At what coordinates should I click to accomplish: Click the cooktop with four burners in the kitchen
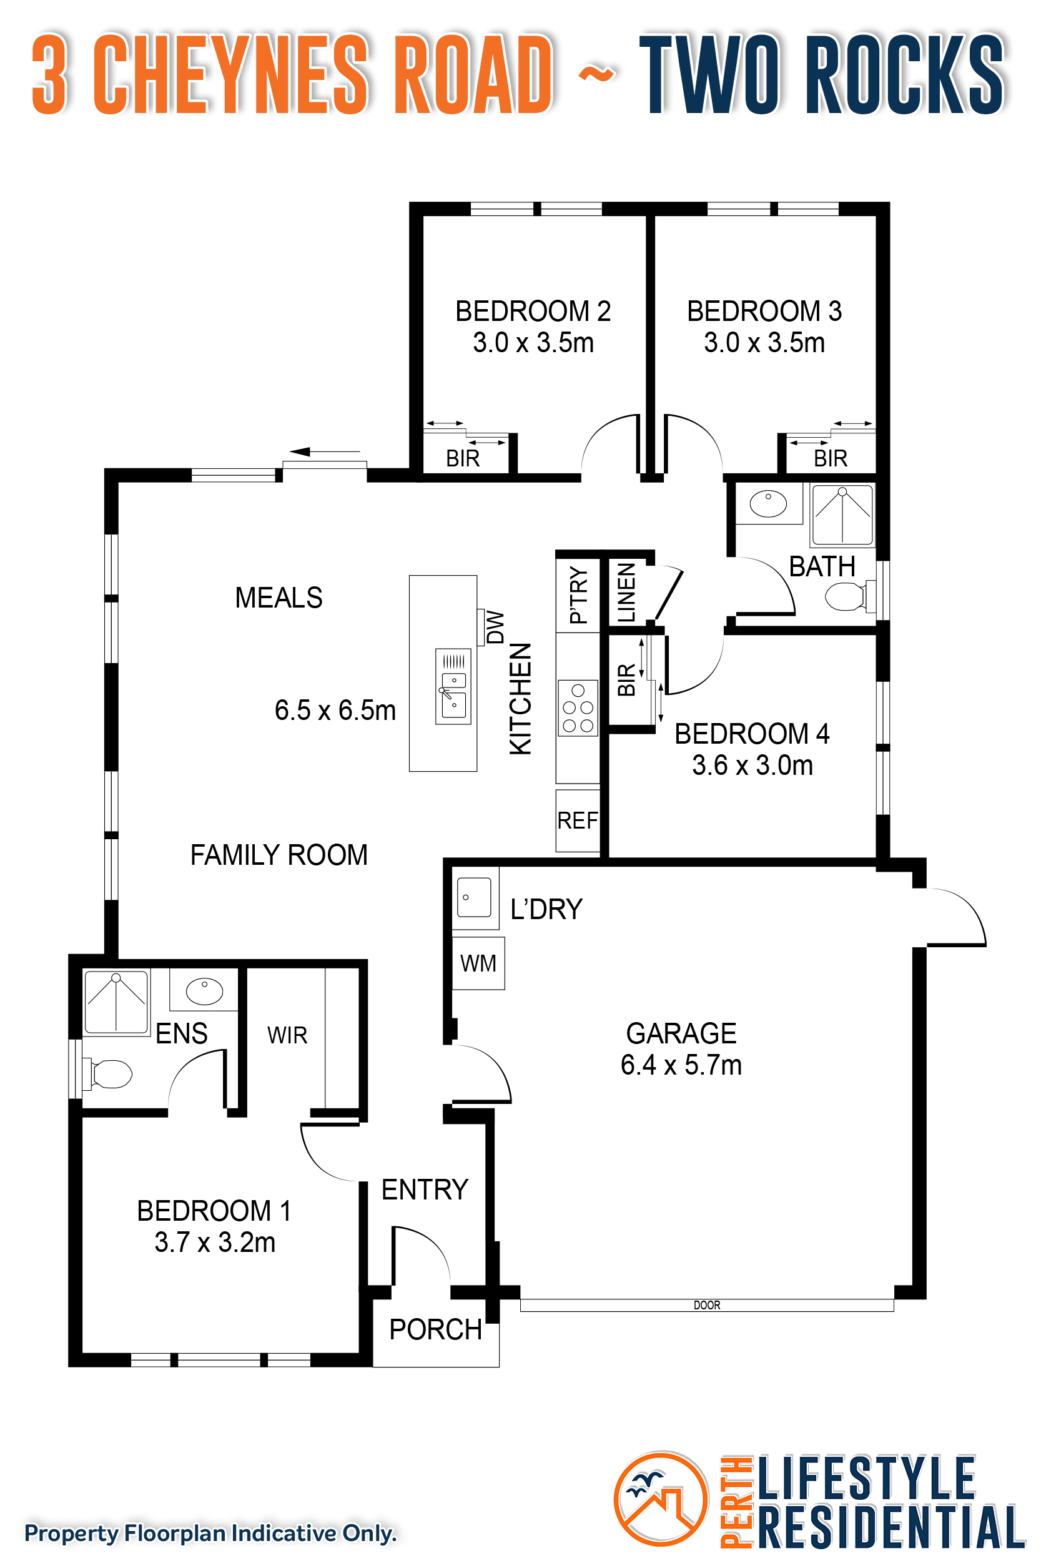point(578,707)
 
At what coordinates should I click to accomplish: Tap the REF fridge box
point(578,820)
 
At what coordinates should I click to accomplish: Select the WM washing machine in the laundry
point(478,963)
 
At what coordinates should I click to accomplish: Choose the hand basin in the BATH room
point(768,504)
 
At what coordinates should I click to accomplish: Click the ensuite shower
point(116,1003)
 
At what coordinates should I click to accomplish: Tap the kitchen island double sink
point(453,686)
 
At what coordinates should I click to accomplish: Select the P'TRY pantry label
point(578,594)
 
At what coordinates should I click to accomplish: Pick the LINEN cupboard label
point(626,593)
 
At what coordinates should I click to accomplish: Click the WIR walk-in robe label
point(287,1035)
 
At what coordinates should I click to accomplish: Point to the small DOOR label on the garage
point(706,1305)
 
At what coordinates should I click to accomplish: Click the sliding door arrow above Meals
point(325,452)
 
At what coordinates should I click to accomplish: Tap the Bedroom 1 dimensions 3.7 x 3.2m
point(215,1243)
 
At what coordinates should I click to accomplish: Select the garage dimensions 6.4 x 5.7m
point(681,1065)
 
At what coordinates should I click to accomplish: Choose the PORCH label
point(435,1329)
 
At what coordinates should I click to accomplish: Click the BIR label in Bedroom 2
point(463,458)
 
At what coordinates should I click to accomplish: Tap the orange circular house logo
point(661,1499)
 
